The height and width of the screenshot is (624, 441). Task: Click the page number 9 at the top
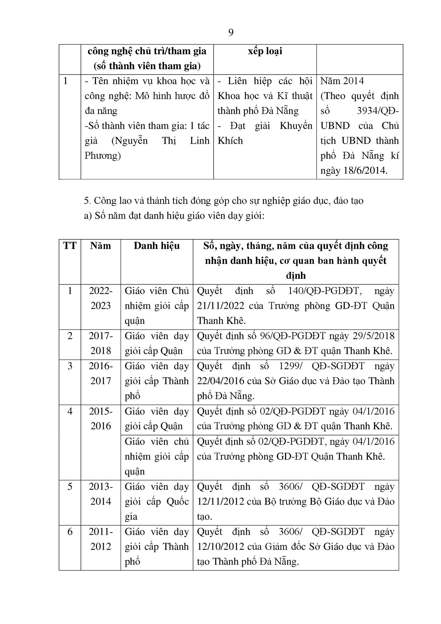[231, 33]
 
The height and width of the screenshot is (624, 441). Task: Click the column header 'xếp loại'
[265, 52]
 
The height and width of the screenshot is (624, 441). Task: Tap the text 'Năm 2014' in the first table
[342, 81]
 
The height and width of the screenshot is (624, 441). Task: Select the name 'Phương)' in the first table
[103, 156]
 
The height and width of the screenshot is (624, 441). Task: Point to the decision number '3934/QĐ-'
[378, 111]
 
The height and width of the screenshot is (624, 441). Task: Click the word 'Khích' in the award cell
[230, 141]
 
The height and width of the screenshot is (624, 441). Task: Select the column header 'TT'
[70, 246]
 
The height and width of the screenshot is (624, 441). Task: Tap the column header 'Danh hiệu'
[157, 246]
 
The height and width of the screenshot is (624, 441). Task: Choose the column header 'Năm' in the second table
[101, 246]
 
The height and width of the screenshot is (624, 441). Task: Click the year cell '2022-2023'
[101, 298]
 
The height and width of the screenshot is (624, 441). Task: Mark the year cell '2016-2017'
[101, 374]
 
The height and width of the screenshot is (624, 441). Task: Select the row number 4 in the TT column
[70, 411]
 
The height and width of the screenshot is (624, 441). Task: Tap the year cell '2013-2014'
[101, 494]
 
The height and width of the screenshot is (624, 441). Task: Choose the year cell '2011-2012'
[101, 539]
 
